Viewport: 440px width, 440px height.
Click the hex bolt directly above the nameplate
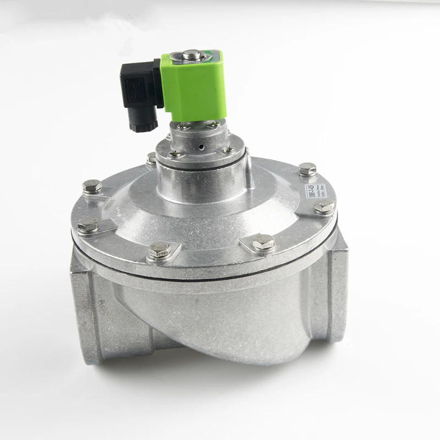click(x=307, y=169)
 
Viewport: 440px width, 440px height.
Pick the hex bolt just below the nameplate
click(x=324, y=207)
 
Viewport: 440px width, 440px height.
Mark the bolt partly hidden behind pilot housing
click(x=152, y=158)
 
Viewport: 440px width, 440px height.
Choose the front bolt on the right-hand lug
click(x=263, y=242)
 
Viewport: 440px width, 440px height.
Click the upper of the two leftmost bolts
click(x=92, y=187)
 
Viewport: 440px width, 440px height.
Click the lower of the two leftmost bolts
click(x=87, y=224)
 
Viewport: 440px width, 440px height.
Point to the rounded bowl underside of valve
click(x=220, y=330)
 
